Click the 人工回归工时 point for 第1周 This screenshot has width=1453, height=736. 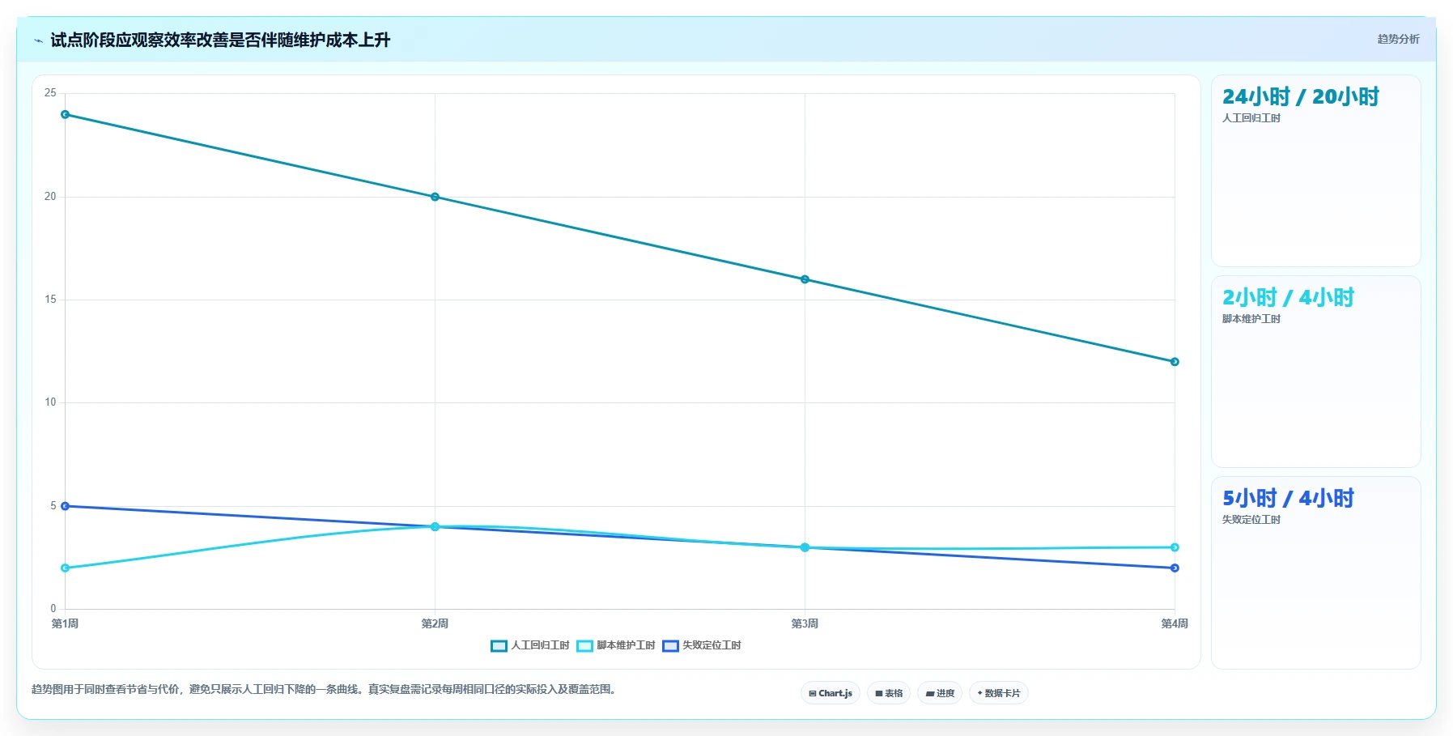pyautogui.click(x=66, y=114)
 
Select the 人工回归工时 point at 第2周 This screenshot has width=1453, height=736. pyautogui.click(x=435, y=197)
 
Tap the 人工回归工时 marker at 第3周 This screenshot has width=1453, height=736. pyautogui.click(x=805, y=279)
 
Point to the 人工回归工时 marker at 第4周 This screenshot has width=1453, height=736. pyautogui.click(x=1175, y=362)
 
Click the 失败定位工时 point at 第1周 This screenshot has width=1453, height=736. pyautogui.click(x=66, y=506)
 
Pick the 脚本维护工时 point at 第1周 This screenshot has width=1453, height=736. pyautogui.click(x=66, y=568)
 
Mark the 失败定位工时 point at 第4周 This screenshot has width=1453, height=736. pyautogui.click(x=1175, y=568)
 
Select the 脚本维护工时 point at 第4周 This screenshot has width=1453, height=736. pyautogui.click(x=1175, y=547)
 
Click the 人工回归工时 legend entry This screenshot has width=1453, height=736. pyautogui.click(x=530, y=645)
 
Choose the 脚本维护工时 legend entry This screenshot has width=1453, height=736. pyautogui.click(x=616, y=645)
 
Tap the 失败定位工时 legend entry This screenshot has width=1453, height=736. pyautogui.click(x=702, y=645)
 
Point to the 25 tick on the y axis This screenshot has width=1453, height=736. pyautogui.click(x=50, y=93)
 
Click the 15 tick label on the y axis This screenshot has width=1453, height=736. pyautogui.click(x=50, y=300)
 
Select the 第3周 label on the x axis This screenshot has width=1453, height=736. pyautogui.click(x=805, y=623)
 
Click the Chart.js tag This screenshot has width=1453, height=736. pyautogui.click(x=831, y=693)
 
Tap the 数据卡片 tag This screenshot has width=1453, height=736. pyautogui.click(x=999, y=693)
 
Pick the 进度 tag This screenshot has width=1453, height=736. pyautogui.click(x=940, y=693)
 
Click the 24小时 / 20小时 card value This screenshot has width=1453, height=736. pyautogui.click(x=1300, y=97)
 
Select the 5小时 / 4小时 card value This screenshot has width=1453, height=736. pyautogui.click(x=1288, y=499)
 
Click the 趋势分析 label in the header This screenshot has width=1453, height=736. pyautogui.click(x=1398, y=39)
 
